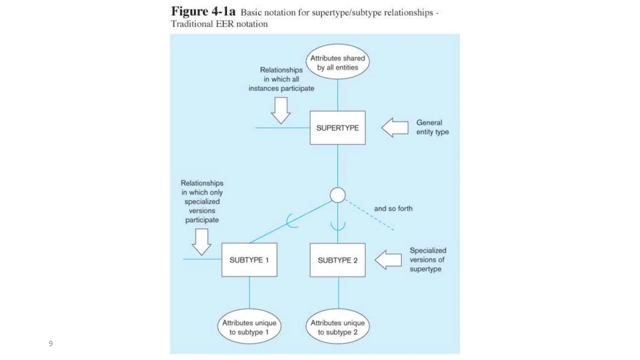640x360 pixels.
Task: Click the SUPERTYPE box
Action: click(337, 127)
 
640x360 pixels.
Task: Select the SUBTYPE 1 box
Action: click(249, 260)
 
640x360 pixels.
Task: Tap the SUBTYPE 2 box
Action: click(337, 260)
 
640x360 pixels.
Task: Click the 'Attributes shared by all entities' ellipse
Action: click(337, 62)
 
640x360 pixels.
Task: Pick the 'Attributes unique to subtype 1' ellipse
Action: click(249, 327)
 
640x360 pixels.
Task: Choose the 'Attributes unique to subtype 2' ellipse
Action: click(337, 327)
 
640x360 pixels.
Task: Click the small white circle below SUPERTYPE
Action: click(337, 195)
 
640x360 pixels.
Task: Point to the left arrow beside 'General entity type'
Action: click(395, 127)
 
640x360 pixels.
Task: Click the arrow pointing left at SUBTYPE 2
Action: click(388, 260)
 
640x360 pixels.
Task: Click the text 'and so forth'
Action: click(393, 208)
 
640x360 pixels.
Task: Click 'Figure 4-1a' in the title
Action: click(203, 12)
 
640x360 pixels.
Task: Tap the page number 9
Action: click(51, 344)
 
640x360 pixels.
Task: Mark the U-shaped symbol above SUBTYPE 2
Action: click(338, 226)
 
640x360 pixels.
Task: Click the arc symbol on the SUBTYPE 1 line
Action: click(291, 221)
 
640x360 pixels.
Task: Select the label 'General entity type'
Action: click(432, 127)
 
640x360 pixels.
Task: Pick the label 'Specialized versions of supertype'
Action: click(427, 260)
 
